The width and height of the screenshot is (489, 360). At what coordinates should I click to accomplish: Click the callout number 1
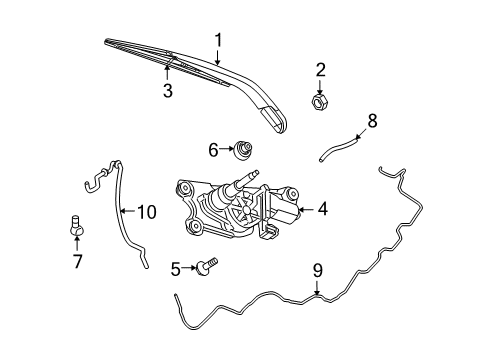tap(217, 41)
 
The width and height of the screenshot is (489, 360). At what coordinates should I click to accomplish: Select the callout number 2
tap(321, 69)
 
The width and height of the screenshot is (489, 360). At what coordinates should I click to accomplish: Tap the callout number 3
tap(168, 91)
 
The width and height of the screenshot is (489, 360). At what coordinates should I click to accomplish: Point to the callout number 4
tap(323, 209)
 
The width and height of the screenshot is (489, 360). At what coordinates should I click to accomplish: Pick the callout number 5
tap(174, 268)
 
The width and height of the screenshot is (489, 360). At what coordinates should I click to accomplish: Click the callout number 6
tap(213, 149)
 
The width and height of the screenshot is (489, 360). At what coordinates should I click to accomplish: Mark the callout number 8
tap(372, 121)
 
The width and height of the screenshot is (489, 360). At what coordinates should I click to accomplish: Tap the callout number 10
tap(147, 211)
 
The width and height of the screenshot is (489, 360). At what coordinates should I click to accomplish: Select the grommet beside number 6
tap(242, 149)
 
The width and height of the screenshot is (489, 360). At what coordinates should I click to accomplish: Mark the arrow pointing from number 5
tap(189, 267)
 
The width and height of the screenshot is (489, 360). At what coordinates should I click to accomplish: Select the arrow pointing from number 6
tap(225, 149)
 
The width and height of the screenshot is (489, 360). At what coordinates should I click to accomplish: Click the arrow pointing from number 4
tap(307, 209)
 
